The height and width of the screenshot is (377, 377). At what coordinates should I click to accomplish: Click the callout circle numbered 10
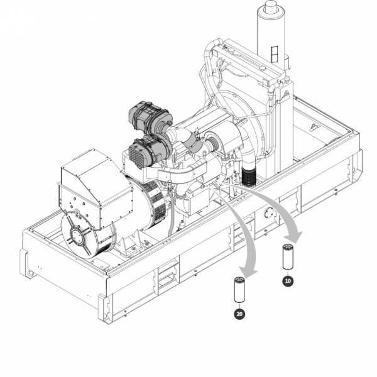tap(288, 281)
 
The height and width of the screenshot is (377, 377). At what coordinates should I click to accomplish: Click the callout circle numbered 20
tap(239, 314)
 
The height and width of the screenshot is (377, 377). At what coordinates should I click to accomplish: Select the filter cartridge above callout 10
tap(287, 256)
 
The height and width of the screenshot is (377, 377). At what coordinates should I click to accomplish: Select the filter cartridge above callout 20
tap(239, 290)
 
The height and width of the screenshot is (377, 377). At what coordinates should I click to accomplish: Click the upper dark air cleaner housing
tap(150, 117)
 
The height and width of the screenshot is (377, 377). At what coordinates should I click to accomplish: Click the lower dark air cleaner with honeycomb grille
tap(148, 151)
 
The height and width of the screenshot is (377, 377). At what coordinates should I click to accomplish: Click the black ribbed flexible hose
tap(249, 176)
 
